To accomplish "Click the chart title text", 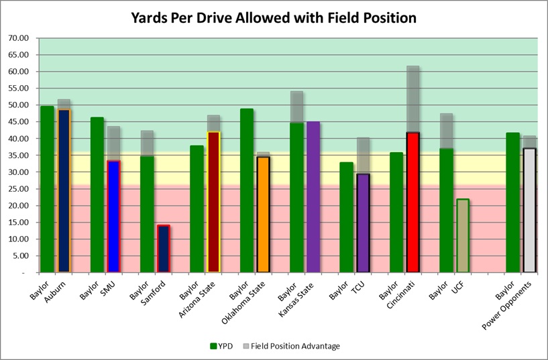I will (x=274, y=17).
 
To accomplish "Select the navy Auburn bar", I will (x=64, y=191).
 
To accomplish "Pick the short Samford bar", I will (x=163, y=249).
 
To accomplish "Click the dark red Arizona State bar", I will (x=213, y=202).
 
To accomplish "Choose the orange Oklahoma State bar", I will (x=263, y=214).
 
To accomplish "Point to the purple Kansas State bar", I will (x=313, y=197).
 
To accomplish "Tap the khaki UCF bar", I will (x=462, y=235).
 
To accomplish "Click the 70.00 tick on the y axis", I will (x=19, y=38).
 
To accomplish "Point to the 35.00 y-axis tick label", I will (x=19, y=156).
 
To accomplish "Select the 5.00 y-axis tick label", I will (x=21, y=256).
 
